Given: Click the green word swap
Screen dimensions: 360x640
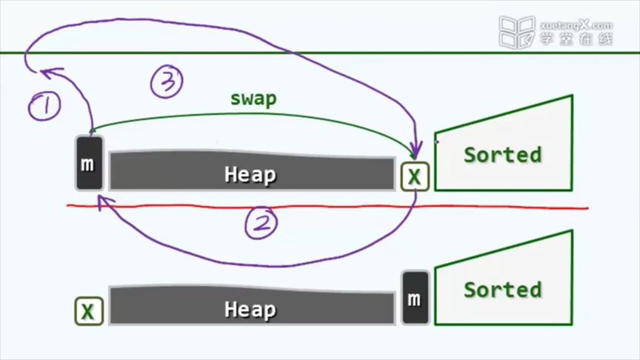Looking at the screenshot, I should coord(253,99).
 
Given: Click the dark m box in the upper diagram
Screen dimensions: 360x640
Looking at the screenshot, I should coord(88,163).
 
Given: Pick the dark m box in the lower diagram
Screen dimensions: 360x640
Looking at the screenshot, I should coord(415,298).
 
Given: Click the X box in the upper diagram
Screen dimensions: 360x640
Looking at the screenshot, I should coord(415,176).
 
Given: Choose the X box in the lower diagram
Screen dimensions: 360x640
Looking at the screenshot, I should coord(88,312).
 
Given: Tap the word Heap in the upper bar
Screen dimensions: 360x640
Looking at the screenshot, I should coord(250,175).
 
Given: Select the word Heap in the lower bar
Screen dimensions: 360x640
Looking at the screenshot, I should coord(250,309).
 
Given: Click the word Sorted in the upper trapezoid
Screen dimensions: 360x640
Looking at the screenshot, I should coord(502,155).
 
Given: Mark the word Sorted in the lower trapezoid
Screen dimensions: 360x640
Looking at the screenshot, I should coord(502,289).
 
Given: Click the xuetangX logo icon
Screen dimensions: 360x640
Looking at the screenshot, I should coord(516,32).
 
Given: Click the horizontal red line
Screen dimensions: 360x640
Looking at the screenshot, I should coord(326,207).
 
